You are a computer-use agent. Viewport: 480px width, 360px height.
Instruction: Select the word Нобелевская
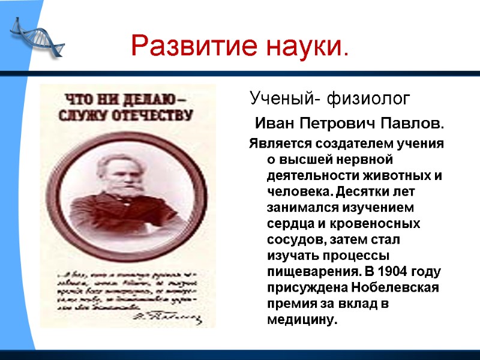(x=385, y=287)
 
